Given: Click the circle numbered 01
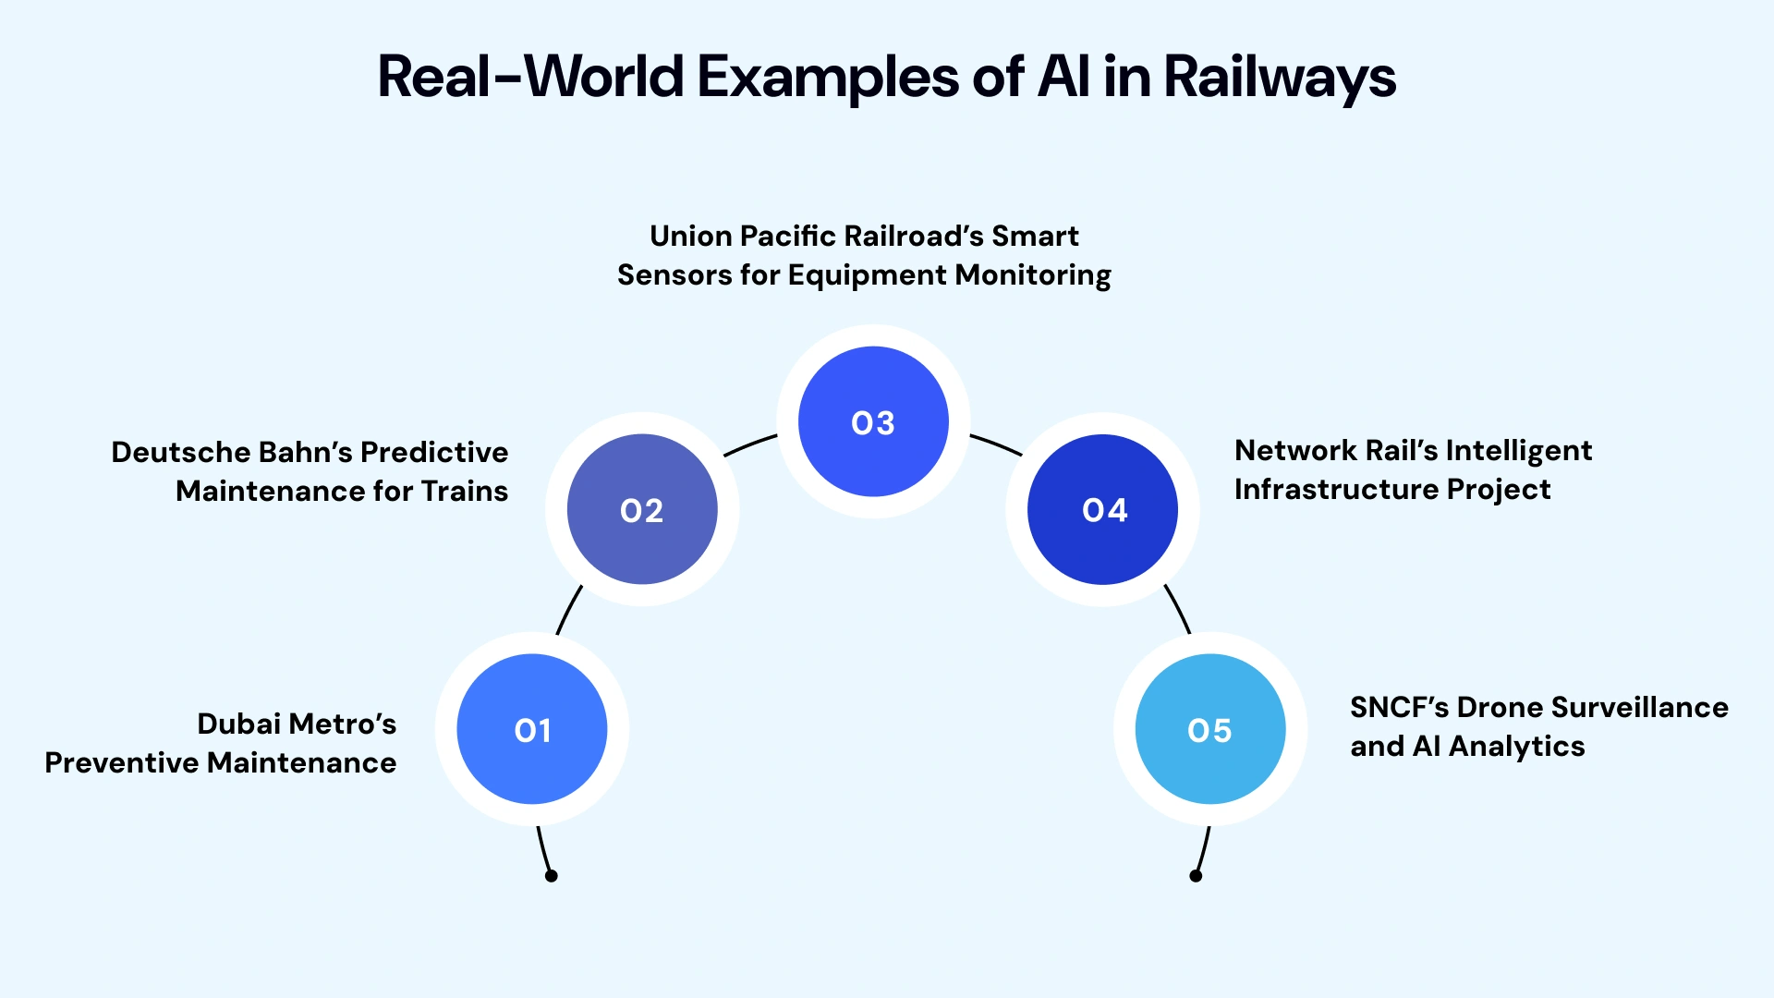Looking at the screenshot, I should point(532,729).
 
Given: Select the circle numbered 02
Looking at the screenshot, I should point(642,509).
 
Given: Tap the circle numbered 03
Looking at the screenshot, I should point(873,421).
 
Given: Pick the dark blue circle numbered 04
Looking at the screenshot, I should point(1103,509).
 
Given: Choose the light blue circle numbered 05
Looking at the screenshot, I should point(1209,729).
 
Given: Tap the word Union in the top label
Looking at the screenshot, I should point(690,237).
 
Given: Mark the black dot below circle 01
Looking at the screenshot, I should point(551,876).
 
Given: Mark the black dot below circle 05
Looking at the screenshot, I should point(1196,876).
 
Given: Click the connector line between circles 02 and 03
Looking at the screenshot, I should point(749,444).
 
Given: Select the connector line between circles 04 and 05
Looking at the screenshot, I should point(1178,608).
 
